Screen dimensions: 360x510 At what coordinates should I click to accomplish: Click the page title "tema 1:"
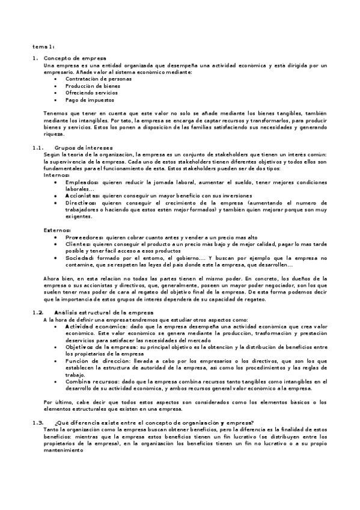point(43,46)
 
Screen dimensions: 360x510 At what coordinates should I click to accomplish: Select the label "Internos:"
point(56,175)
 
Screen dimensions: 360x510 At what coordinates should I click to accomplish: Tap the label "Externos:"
point(57,230)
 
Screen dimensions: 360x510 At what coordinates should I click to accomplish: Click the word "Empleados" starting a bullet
point(81,182)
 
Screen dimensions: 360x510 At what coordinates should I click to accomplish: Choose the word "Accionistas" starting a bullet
point(83,196)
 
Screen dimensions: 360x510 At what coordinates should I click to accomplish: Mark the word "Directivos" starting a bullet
point(81,203)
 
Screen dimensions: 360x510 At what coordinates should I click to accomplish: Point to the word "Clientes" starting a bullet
point(78,244)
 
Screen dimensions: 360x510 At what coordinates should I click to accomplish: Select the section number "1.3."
point(37,423)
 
